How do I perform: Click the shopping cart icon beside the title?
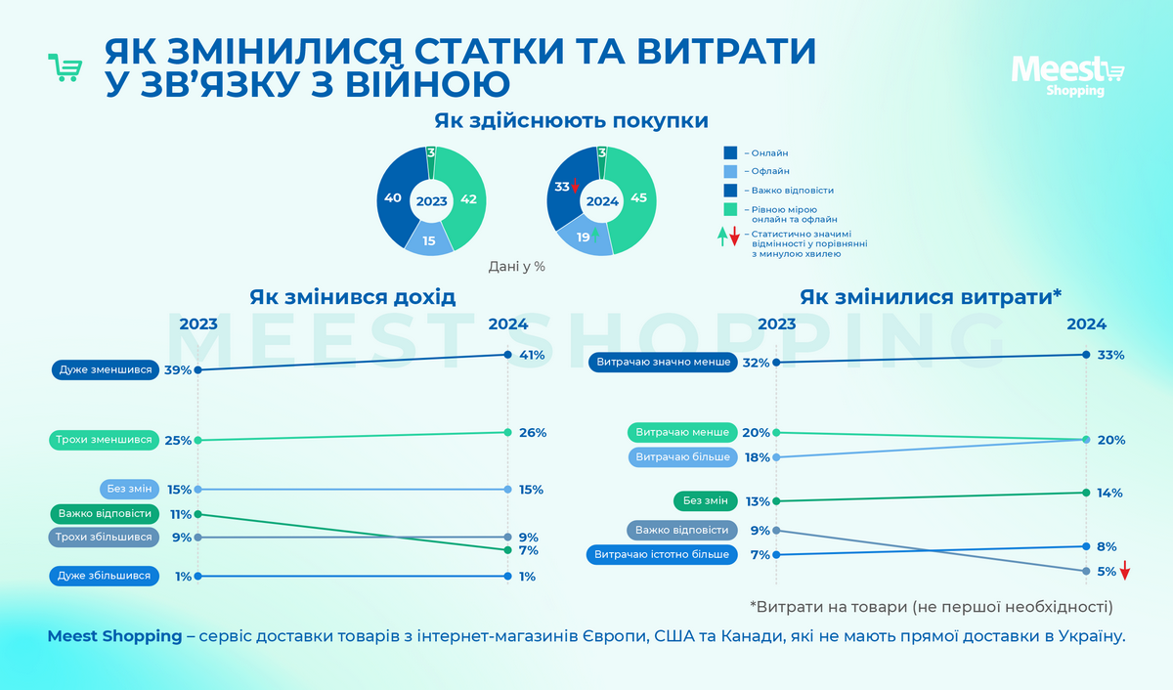65,67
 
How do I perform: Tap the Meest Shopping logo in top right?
1067,75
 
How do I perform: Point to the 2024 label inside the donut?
602,201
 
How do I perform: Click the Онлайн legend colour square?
730,152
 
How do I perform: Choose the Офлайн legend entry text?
769,171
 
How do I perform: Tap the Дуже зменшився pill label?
105,370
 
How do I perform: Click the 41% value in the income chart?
532,356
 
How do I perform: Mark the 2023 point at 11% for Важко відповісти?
198,513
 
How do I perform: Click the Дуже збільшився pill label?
104,577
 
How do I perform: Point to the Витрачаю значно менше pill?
662,363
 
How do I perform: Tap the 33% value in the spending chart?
1111,356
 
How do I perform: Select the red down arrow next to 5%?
1125,571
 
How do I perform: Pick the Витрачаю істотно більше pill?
662,555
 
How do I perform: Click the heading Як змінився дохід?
352,296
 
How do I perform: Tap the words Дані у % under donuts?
516,266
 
